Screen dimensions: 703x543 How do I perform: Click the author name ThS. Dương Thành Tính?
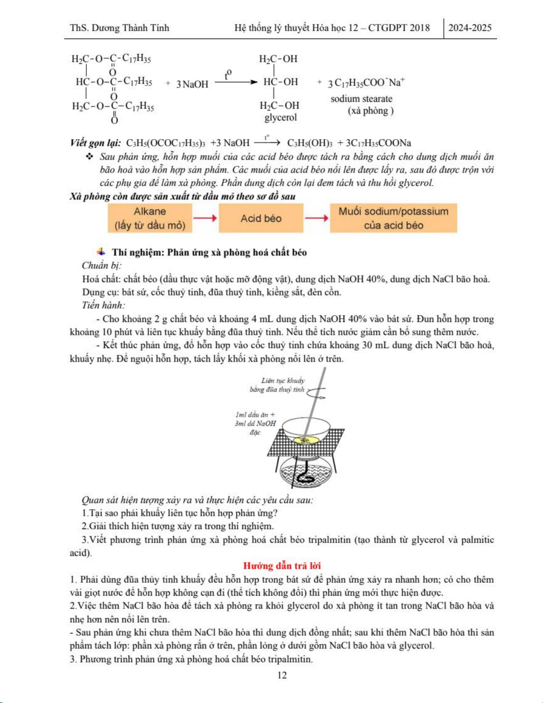coord(119,28)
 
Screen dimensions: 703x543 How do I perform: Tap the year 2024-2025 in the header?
coord(470,28)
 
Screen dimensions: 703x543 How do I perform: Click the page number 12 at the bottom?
coord(282,675)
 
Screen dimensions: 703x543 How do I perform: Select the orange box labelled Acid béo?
coord(261,218)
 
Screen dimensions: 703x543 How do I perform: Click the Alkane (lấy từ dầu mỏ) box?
coord(150,218)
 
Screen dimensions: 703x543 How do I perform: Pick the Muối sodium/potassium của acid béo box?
coord(393,218)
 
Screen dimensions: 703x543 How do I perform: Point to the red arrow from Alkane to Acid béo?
coord(205,218)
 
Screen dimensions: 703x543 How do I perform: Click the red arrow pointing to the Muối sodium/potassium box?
coord(316,218)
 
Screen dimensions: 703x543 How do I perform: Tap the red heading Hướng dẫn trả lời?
coord(282,566)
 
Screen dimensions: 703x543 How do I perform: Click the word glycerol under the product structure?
coord(281,118)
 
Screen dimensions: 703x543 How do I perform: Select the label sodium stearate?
coord(361,99)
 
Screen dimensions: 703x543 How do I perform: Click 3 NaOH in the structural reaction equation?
coord(192,84)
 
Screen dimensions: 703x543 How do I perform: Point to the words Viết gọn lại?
coord(95,143)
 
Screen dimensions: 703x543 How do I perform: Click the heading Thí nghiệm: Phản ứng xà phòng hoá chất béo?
coord(209,252)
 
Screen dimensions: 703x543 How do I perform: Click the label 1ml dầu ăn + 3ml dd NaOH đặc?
coord(255,423)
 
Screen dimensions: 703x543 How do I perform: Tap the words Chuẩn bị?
coord(101,265)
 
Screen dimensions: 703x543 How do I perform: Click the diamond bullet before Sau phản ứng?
coord(90,157)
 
